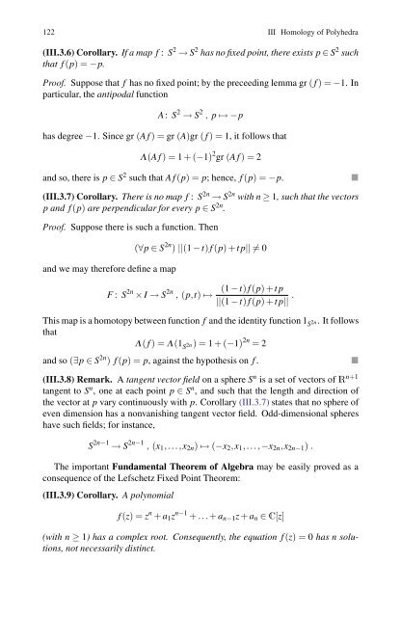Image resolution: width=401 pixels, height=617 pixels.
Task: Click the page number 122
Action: tap(37, 34)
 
